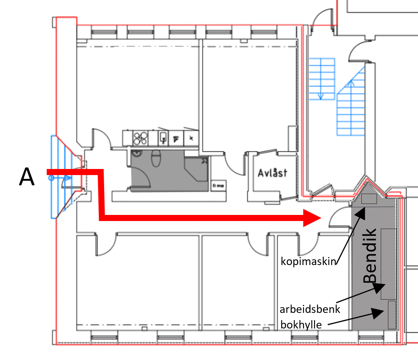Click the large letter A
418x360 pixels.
[x=27, y=178]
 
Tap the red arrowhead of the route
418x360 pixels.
[x=312, y=218]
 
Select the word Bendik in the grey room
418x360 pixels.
[x=370, y=255]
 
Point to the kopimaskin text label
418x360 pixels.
[x=309, y=261]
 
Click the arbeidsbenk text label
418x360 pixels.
[x=310, y=309]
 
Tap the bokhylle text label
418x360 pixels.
[x=300, y=325]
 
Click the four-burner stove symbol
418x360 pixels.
[x=140, y=138]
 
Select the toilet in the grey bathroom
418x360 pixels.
[x=156, y=158]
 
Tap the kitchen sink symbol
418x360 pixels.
[x=164, y=138]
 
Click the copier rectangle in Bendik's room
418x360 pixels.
[x=369, y=199]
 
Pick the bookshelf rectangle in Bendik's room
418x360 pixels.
[x=392, y=314]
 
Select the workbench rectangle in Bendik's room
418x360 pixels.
[x=388, y=264]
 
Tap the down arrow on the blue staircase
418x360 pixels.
[x=321, y=96]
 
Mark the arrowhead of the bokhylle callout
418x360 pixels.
[x=380, y=312]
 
